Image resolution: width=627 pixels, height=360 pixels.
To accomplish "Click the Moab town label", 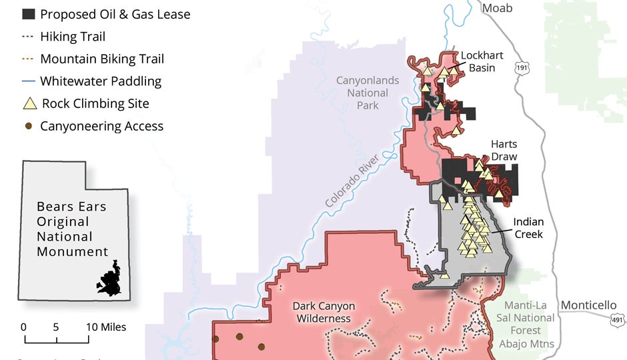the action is pyautogui.click(x=497, y=8).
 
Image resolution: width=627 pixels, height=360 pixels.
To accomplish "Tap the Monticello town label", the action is pyautogui.click(x=588, y=305).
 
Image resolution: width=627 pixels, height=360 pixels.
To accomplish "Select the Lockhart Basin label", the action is pyautogui.click(x=482, y=61).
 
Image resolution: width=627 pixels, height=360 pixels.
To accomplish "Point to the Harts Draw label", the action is pyautogui.click(x=504, y=150).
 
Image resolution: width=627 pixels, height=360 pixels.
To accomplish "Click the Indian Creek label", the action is pyautogui.click(x=528, y=227).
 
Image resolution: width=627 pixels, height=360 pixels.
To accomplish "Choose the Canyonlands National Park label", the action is pyautogui.click(x=368, y=93).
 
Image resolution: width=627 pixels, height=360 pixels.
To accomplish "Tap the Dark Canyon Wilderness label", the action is pyautogui.click(x=324, y=312).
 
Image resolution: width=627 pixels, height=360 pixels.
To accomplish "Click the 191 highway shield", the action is pyautogui.click(x=522, y=68).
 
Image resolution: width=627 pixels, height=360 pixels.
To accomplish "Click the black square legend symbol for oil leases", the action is pyautogui.click(x=29, y=15).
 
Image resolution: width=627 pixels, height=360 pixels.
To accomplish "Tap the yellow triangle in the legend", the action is pyautogui.click(x=29, y=103).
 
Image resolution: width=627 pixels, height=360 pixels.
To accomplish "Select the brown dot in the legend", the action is pyautogui.click(x=29, y=126).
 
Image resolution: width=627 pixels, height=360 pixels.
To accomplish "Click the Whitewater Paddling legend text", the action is pyautogui.click(x=101, y=81).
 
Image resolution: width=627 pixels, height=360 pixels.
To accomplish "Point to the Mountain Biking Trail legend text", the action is pyautogui.click(x=102, y=59).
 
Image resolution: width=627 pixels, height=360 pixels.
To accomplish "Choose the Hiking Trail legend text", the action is pyautogui.click(x=73, y=37).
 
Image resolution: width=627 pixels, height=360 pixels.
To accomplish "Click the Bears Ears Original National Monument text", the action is pyautogui.click(x=72, y=229).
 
